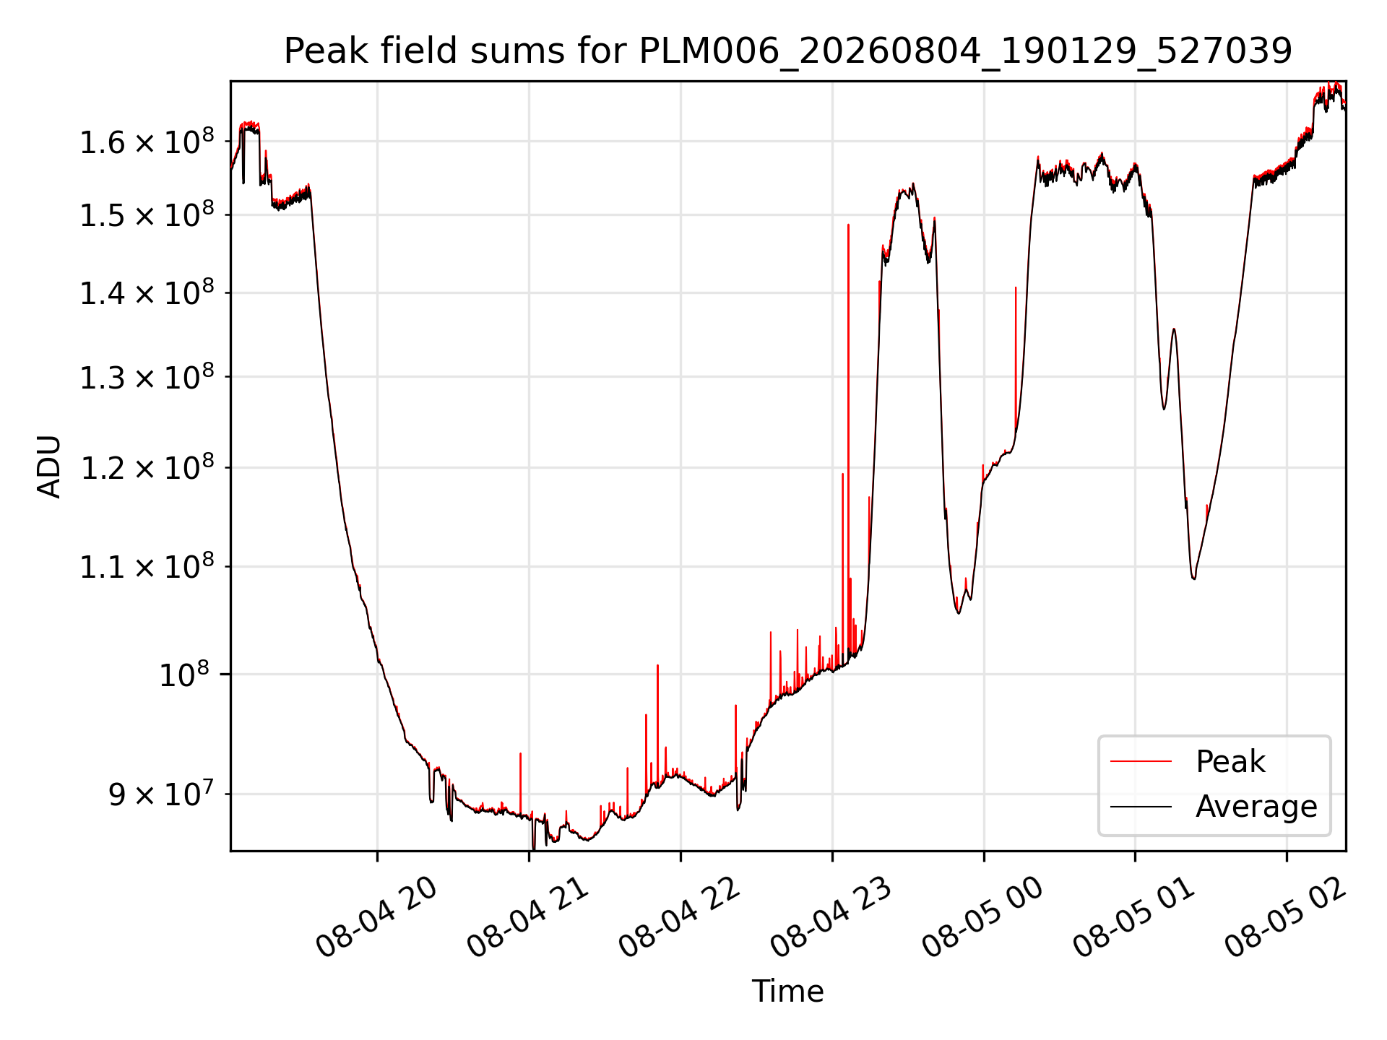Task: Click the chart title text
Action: click(787, 51)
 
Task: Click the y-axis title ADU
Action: click(49, 467)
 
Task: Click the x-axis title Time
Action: click(787, 991)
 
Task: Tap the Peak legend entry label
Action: click(1230, 762)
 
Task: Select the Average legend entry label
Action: click(1256, 807)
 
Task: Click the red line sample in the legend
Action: click(1141, 761)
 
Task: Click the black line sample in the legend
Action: click(1141, 806)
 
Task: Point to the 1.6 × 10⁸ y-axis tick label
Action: click(147, 142)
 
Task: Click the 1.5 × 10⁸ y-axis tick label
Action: click(147, 214)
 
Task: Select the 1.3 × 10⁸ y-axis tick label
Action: click(147, 376)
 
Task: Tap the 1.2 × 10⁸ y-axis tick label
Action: click(147, 467)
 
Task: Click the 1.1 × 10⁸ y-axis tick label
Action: click(147, 566)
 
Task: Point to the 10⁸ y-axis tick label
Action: click(184, 675)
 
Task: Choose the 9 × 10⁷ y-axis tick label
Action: click(161, 794)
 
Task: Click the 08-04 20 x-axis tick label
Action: click(376, 917)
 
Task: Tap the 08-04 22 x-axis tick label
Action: click(680, 917)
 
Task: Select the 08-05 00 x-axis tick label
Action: click(983, 917)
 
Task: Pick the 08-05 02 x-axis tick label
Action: click(1286, 917)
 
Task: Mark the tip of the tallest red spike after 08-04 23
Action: click(848, 225)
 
